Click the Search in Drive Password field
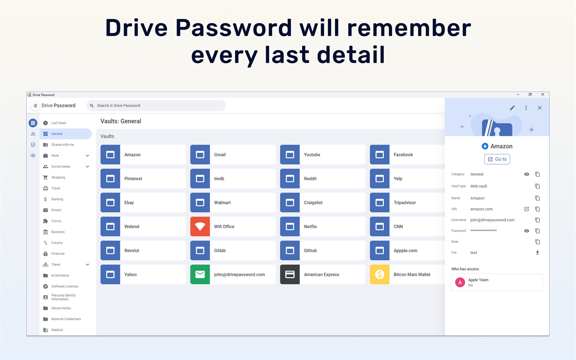pos(156,106)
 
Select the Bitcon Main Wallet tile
pos(407,274)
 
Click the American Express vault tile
pos(323,274)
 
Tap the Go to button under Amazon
pos(497,159)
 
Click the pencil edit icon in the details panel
pos(512,108)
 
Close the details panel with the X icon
pos(539,108)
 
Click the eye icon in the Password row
pos(527,231)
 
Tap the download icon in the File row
pos(538,253)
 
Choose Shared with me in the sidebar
pos(62,145)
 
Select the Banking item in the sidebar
pos(57,199)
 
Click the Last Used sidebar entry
pos(58,123)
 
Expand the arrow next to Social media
pos(87,167)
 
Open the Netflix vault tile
pos(323,226)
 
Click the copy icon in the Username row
pos(538,220)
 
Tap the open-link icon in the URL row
pos(527,209)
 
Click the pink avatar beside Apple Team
pos(460,283)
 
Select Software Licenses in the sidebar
pos(65,286)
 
